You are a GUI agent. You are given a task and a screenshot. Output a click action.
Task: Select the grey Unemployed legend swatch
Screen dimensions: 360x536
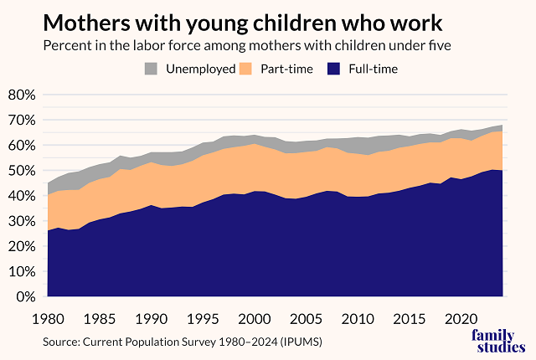pos(152,69)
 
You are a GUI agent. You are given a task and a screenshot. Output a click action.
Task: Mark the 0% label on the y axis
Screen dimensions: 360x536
pos(24,297)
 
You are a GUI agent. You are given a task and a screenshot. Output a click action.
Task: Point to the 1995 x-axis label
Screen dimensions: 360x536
pos(200,319)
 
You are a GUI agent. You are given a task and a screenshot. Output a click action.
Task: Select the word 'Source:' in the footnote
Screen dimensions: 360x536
pos(64,342)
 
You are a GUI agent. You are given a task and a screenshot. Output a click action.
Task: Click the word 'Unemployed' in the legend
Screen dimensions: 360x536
pos(199,69)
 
